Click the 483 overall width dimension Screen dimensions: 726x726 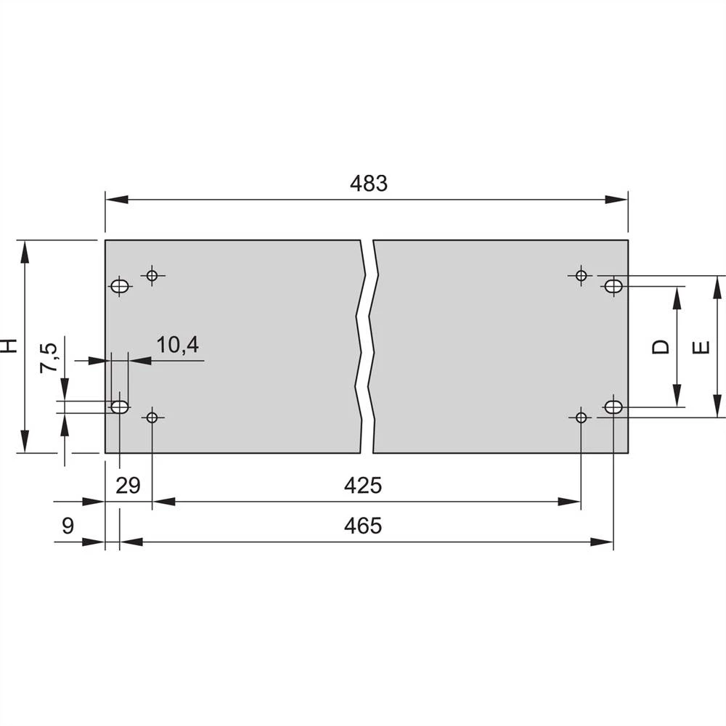coord(369,184)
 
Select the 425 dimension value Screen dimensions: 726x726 coord(363,485)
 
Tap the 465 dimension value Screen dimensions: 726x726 coord(363,525)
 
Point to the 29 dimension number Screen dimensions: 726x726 coord(128,485)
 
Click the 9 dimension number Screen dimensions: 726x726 coord(68,525)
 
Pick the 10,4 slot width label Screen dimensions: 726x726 coord(178,345)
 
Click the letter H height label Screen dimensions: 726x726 coord(9,346)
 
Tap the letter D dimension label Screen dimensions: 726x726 coord(660,347)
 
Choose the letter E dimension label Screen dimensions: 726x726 coord(701,347)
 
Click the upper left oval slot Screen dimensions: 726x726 coord(120,286)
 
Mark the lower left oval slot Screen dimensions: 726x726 coord(120,407)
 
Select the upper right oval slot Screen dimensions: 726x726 coord(613,286)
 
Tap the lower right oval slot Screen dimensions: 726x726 coord(613,407)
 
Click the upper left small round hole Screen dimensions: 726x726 coord(152,275)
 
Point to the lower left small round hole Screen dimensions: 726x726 coord(152,417)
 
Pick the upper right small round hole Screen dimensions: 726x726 coord(581,275)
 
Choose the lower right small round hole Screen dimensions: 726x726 coord(581,417)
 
